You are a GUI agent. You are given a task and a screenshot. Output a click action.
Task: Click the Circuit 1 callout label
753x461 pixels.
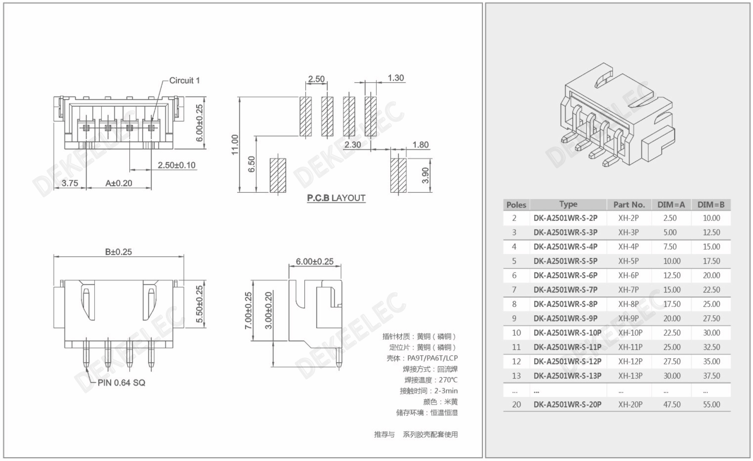pos(184,80)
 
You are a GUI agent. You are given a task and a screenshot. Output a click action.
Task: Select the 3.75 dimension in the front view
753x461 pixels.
pos(70,183)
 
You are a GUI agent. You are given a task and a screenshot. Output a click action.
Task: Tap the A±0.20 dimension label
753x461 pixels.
pos(119,183)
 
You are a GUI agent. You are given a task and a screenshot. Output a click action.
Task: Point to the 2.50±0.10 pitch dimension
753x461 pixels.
pos(176,165)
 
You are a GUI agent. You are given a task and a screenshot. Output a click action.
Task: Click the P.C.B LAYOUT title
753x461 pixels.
pos(336,198)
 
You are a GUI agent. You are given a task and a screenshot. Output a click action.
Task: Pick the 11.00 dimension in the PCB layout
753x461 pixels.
pos(235,144)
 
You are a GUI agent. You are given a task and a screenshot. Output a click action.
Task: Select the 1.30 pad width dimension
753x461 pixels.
pos(395,78)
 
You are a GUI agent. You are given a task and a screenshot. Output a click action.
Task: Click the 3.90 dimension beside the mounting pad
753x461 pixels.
pos(425,175)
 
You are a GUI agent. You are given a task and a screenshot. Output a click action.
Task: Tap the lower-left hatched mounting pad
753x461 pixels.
pos(278,175)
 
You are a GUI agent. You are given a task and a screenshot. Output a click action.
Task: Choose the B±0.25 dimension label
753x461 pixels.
pos(118,252)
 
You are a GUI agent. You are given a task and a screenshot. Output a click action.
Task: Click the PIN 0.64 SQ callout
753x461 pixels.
pos(121,383)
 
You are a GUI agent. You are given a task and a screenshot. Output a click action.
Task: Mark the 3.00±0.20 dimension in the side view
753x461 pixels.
pos(269,310)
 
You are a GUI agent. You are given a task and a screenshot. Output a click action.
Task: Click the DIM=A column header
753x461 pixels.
pos(671,205)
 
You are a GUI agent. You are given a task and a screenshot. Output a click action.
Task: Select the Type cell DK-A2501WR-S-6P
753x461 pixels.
pos(565,275)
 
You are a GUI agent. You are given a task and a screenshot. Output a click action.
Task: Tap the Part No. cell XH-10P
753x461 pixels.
pos(630,333)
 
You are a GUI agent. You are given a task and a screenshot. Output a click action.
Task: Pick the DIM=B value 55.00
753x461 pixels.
pos(711,404)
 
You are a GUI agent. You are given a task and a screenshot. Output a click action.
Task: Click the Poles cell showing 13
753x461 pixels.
pos(516,376)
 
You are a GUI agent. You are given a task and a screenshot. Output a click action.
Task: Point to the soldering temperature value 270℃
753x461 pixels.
pos(448,380)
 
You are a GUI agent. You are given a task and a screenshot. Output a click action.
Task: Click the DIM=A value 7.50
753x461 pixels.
pos(670,247)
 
